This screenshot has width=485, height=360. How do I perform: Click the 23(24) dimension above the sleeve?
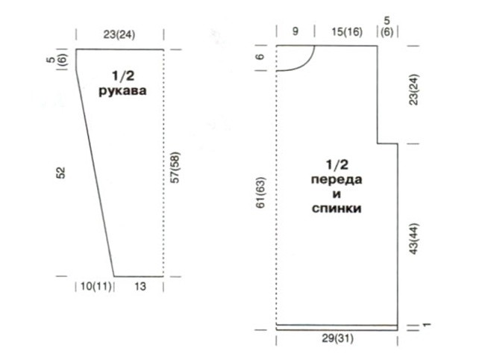(x=119, y=34)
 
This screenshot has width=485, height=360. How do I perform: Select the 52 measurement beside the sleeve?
(x=61, y=173)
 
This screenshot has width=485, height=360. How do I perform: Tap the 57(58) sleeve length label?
(x=175, y=167)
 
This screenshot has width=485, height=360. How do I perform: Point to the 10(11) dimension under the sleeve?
(x=96, y=286)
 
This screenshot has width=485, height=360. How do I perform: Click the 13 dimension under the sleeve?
(x=140, y=286)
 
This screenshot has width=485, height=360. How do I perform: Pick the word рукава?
(x=122, y=91)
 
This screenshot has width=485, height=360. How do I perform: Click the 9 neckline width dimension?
(x=295, y=31)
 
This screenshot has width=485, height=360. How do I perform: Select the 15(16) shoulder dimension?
(x=347, y=31)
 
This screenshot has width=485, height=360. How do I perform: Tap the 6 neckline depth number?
(x=260, y=56)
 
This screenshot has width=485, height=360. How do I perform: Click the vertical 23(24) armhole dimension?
(x=413, y=90)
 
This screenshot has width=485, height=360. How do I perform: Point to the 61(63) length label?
(x=260, y=193)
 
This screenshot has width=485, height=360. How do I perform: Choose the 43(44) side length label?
(x=413, y=239)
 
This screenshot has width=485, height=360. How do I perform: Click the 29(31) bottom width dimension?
(x=337, y=338)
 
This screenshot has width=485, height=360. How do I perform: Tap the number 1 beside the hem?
(x=427, y=325)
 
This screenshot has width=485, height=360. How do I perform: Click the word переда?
(x=337, y=180)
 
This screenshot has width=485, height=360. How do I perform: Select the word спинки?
(x=337, y=208)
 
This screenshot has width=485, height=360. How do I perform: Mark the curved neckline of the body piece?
(x=306, y=63)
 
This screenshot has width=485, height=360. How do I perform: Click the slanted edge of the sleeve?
(x=95, y=173)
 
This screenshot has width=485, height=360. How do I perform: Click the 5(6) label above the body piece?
(x=387, y=26)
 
